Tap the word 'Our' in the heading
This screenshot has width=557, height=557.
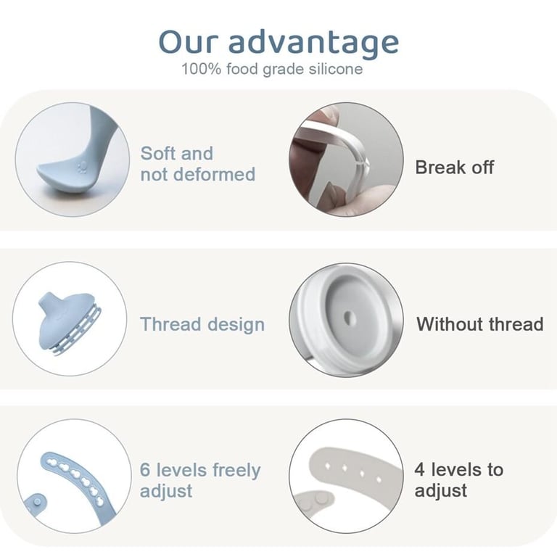[x=187, y=42]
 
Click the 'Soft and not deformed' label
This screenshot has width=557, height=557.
[x=198, y=164]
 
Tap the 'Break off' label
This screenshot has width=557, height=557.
[x=454, y=168]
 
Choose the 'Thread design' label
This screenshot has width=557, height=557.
[x=202, y=324]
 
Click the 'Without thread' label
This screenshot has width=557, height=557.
[x=480, y=324]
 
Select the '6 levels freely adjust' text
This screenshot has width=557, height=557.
[x=200, y=480]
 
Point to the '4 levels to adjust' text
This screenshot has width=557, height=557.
[x=458, y=480]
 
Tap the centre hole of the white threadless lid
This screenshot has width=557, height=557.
[x=348, y=318]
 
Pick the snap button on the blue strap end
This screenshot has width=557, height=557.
[x=37, y=502]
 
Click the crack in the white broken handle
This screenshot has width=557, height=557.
[x=363, y=164]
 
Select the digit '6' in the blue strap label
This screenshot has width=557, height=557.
[x=145, y=470]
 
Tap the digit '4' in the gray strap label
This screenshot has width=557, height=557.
[x=419, y=470]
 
